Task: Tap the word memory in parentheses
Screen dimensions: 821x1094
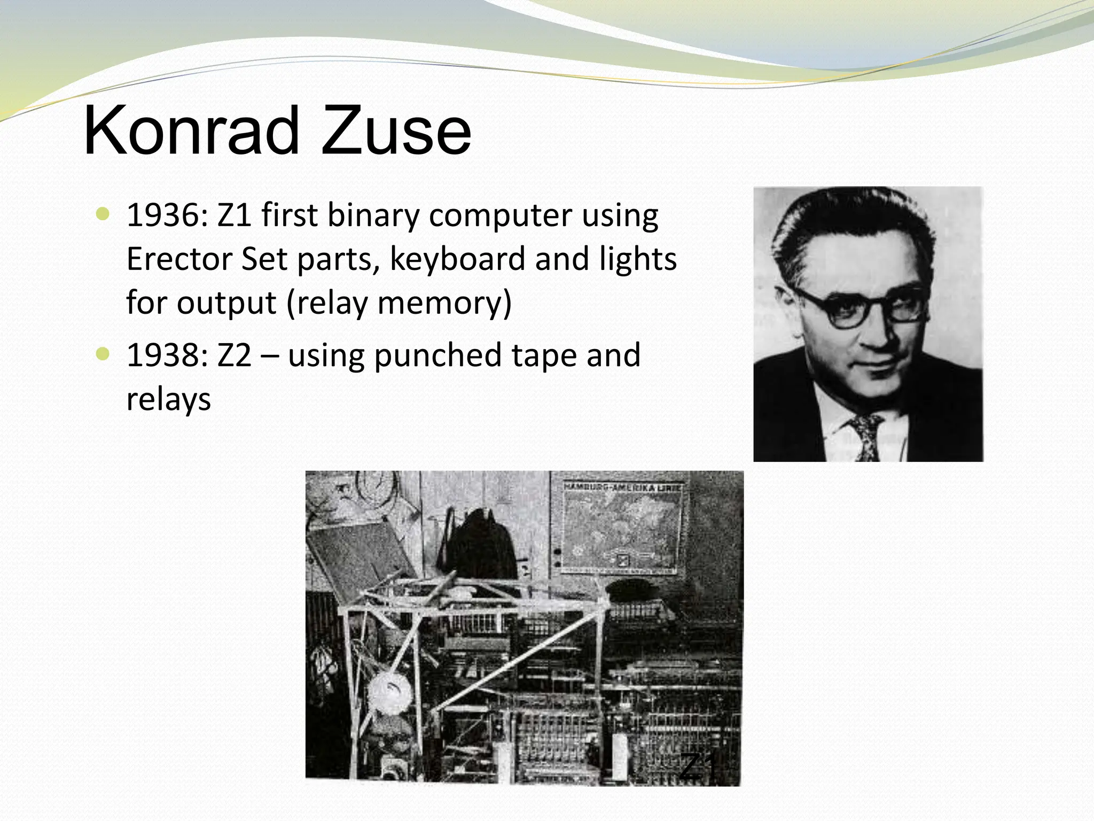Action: pyautogui.click(x=440, y=303)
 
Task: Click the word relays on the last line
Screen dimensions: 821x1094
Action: pyautogui.click(x=168, y=399)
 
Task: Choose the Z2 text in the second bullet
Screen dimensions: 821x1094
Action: pyautogui.click(x=234, y=355)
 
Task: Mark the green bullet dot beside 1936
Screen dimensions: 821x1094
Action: pyautogui.click(x=103, y=214)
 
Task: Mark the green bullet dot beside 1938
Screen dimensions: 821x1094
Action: pyautogui.click(x=103, y=354)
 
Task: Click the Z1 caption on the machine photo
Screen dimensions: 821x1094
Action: pyautogui.click(x=698, y=766)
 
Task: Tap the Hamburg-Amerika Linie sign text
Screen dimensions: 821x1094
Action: pyautogui.click(x=623, y=487)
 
